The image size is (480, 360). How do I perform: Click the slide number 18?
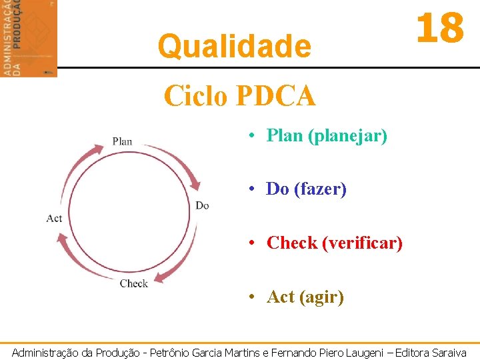click(439, 29)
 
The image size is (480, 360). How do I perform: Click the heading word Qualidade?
click(234, 47)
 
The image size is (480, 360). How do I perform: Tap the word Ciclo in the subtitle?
click(195, 96)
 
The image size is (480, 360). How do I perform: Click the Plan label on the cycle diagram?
click(122, 141)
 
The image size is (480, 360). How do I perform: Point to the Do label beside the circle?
click(202, 205)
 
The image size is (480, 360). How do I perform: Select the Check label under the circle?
click(133, 283)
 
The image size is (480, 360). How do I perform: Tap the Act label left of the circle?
click(54, 218)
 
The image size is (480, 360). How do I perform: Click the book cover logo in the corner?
click(29, 38)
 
